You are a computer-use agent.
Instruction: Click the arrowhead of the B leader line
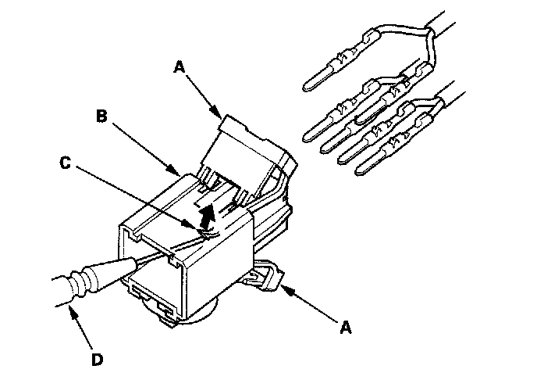[181, 174]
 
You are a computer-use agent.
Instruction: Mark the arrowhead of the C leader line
[204, 228]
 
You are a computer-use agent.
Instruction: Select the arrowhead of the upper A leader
[220, 118]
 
